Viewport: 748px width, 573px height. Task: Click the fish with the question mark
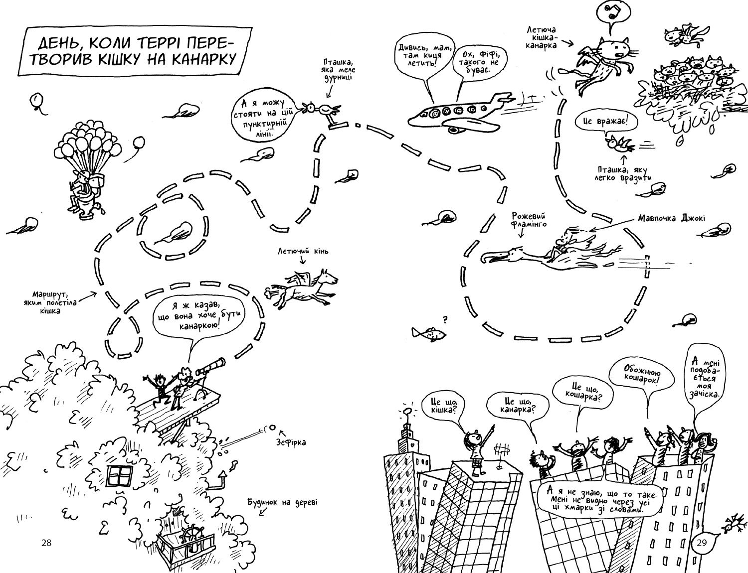pyautogui.click(x=428, y=333)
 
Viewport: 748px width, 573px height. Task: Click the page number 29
pyautogui.click(x=702, y=543)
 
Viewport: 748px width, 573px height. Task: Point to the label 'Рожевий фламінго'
pyautogui.click(x=529, y=220)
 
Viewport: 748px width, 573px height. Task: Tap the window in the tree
pyautogui.click(x=121, y=476)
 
